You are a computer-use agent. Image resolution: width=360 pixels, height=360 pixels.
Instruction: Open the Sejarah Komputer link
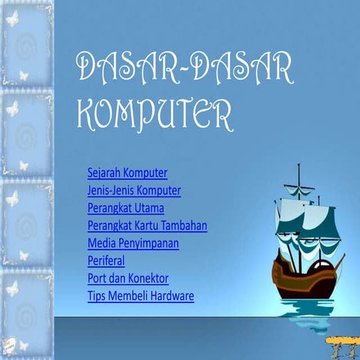tap(127, 173)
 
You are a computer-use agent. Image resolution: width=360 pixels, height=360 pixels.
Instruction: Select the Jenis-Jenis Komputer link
tap(133, 190)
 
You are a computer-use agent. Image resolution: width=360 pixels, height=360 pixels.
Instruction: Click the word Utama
tap(148, 208)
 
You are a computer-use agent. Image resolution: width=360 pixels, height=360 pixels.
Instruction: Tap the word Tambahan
tap(186, 225)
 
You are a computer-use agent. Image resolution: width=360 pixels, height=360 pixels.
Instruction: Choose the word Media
tap(101, 243)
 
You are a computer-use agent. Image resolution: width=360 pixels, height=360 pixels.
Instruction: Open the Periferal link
tap(106, 260)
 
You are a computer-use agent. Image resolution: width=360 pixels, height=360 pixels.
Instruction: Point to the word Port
tap(97, 278)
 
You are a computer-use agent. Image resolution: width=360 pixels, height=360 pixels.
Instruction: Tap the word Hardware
tap(173, 296)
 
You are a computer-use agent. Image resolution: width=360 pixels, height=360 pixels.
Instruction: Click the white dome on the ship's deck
tap(319, 265)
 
